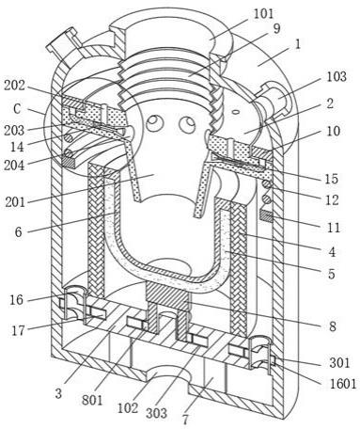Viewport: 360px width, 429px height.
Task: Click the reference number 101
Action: coord(263,14)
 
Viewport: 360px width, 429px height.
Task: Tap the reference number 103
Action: coord(337,76)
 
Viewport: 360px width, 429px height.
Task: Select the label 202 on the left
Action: coord(14,86)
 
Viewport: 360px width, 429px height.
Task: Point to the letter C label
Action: coord(17,109)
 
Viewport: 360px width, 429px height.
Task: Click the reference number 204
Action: coord(14,165)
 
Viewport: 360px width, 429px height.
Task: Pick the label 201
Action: coord(15,202)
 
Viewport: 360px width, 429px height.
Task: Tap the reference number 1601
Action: coord(343,384)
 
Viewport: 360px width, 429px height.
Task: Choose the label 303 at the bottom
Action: coord(156,413)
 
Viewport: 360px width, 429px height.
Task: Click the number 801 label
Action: coord(92,400)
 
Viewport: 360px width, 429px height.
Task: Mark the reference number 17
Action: coord(18,330)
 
